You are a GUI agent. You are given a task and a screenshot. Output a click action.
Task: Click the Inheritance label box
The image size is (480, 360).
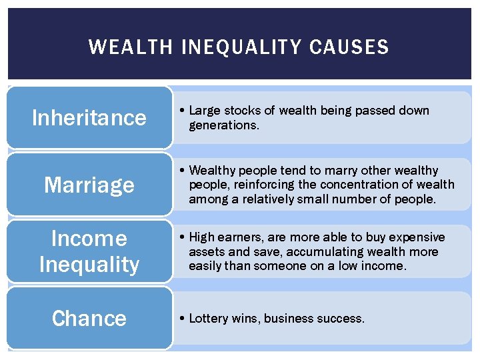89,117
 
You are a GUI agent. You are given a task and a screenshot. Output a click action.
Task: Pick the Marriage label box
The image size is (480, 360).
89,185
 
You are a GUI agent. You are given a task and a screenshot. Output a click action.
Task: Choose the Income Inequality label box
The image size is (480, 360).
89,251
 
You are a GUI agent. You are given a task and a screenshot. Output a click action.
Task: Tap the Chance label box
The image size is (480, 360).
89,318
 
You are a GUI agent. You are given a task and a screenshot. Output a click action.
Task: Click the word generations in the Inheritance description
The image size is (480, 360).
223,125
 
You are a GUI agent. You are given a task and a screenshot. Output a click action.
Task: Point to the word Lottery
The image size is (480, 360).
209,319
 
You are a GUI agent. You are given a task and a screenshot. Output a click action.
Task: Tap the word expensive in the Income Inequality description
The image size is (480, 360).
418,237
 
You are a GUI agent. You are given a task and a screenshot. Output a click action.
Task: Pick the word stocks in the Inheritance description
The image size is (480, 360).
241,111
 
